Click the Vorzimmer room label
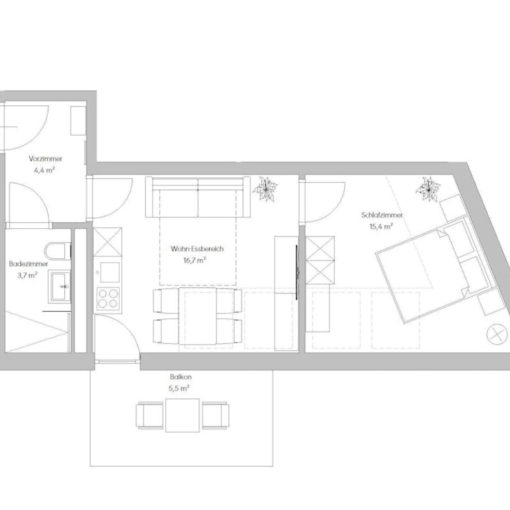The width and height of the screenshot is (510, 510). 45,159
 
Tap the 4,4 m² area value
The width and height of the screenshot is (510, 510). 44,170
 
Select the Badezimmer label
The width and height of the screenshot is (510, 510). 29,264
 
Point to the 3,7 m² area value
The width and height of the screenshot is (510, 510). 27,275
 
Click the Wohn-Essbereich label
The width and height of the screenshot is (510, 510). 197,249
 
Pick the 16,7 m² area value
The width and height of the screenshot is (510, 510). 195,260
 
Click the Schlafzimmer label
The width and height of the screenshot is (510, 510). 382,215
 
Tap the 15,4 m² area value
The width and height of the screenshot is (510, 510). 381,226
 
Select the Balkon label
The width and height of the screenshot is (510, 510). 181,377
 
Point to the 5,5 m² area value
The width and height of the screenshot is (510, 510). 179,388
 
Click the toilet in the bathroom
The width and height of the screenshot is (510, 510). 58,251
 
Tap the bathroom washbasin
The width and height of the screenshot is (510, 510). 59,286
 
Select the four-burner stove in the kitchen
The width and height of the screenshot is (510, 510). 108,299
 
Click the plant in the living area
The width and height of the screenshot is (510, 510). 265,189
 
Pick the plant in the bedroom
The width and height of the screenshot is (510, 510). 428,189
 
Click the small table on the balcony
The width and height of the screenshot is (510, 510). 182,416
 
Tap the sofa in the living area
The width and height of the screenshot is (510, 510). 198,197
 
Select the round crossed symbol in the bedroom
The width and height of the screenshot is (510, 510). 497,334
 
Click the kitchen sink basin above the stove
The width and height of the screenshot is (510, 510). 110,272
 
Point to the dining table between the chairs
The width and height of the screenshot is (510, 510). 198,316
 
